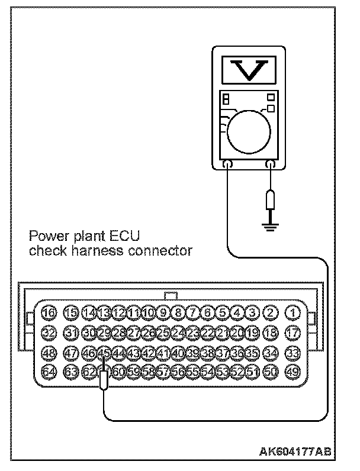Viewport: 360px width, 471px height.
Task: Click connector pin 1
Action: [x=292, y=312]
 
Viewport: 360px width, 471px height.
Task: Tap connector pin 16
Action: [x=49, y=312]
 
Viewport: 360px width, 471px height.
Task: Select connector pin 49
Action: [x=292, y=372]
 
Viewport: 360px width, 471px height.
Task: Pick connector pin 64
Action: [x=49, y=372]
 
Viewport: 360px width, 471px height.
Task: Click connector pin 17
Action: [x=292, y=332]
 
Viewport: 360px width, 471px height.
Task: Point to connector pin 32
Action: [x=49, y=332]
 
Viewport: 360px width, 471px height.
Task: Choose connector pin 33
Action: [x=292, y=353]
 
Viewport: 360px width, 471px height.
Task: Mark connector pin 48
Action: [x=49, y=353]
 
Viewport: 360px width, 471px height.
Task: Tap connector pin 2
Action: [x=271, y=312]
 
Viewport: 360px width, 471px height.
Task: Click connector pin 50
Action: [x=271, y=372]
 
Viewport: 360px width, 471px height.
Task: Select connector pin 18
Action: [x=271, y=332]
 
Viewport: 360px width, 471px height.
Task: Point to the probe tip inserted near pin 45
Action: [x=104, y=378]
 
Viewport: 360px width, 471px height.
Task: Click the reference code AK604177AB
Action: [x=294, y=451]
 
